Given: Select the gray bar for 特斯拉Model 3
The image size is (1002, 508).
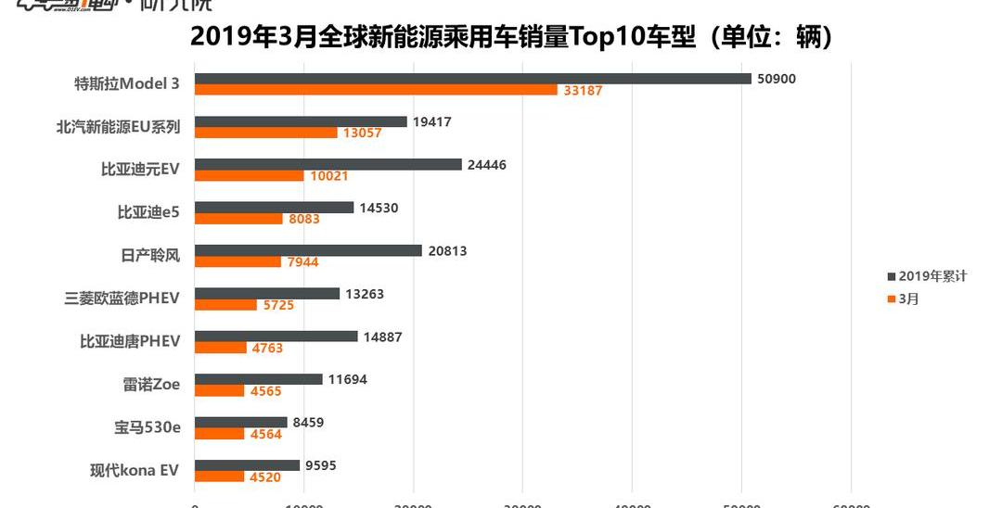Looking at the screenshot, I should click(472, 79).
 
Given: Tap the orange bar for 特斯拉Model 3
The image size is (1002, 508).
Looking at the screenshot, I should click(376, 90).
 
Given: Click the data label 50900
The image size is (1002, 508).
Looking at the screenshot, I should click(777, 79).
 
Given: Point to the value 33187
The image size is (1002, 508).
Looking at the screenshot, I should click(583, 91).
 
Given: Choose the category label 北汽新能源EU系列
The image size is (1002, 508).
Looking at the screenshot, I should click(118, 127).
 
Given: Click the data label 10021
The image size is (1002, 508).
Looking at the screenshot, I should click(329, 176).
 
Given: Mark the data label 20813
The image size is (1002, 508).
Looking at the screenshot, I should click(447, 250).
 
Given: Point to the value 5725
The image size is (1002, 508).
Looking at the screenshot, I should click(276, 305).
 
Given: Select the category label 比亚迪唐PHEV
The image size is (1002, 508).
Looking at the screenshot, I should click(130, 341).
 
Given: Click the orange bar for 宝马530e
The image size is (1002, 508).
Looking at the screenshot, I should click(219, 434).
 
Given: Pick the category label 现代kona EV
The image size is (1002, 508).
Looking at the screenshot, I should click(129, 470).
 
